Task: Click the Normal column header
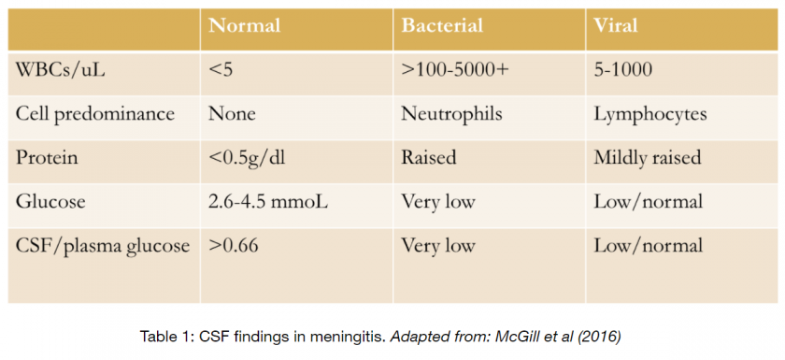click(x=245, y=25)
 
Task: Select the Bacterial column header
click(x=442, y=25)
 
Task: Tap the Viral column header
click(x=616, y=25)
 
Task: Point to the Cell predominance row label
click(x=95, y=114)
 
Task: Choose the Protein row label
click(x=47, y=158)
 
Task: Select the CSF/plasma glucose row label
click(x=103, y=246)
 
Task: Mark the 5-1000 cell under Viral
click(x=623, y=70)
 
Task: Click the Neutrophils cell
click(x=452, y=114)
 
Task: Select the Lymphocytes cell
click(x=650, y=114)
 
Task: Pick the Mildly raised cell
click(x=648, y=158)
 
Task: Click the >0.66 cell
click(x=234, y=246)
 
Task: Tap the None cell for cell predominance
click(x=233, y=114)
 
